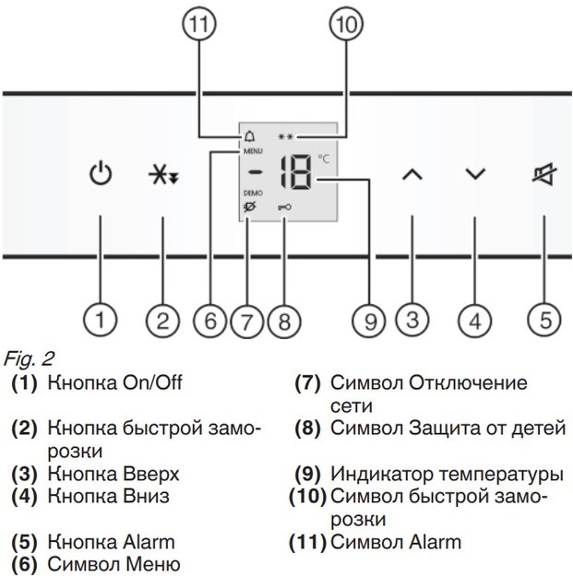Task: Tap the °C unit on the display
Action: point(323,159)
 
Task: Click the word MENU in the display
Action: point(252,148)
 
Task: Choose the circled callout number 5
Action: point(543,322)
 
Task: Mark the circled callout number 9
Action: point(369,322)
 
